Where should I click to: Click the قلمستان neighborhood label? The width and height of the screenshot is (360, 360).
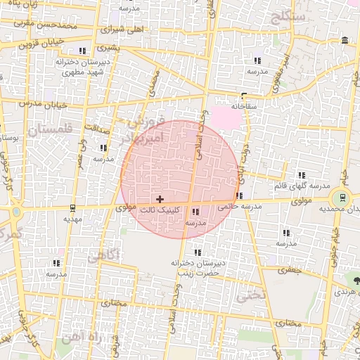[51, 129]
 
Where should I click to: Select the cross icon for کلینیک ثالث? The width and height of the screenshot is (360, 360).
[160, 200]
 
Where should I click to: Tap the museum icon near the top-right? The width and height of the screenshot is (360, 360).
[343, 40]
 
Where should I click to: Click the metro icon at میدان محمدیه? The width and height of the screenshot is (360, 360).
[342, 198]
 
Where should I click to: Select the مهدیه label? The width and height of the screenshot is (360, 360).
[73, 219]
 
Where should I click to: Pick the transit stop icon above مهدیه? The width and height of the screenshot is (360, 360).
[73, 208]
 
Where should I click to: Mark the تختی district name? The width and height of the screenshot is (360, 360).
[251, 295]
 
